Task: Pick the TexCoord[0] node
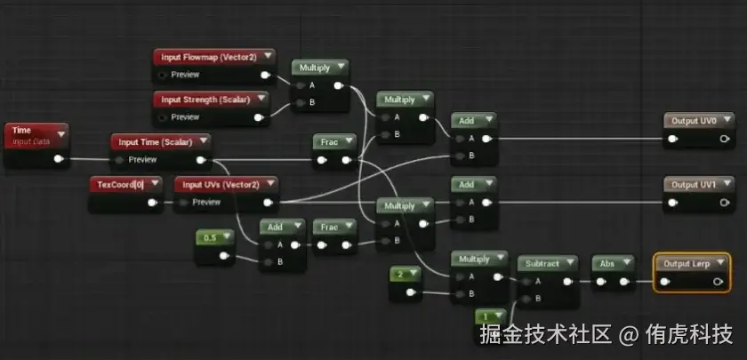coord(125,184)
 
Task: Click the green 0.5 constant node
coord(213,238)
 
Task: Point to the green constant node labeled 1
coord(487,316)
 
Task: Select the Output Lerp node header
coord(691,263)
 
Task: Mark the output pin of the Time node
coord(59,160)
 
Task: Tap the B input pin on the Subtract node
coord(526,298)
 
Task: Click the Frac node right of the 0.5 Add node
coord(334,227)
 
